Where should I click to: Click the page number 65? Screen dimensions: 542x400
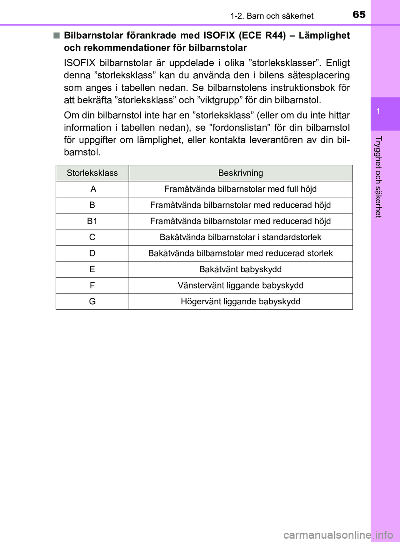(x=359, y=15)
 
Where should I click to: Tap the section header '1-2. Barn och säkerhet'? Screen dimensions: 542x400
(x=272, y=16)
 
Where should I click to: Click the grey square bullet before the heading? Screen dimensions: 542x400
(x=56, y=35)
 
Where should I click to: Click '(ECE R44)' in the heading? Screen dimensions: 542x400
(x=262, y=35)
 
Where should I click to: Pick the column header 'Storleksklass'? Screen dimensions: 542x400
(x=92, y=173)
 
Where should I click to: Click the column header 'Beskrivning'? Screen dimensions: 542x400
(x=240, y=173)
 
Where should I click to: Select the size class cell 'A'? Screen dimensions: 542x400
(x=93, y=189)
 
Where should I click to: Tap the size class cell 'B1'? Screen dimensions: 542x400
(x=92, y=221)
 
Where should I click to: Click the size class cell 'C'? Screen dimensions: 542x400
(x=92, y=237)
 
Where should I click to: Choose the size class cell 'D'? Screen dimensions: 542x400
(x=92, y=253)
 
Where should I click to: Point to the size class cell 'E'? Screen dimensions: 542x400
(x=92, y=269)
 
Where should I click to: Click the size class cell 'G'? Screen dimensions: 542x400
(x=92, y=301)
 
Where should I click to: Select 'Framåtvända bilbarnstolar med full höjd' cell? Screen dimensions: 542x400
(x=240, y=189)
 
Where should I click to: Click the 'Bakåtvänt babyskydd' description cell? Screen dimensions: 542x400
(x=240, y=269)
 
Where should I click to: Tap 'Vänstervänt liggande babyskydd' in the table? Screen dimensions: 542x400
(x=240, y=286)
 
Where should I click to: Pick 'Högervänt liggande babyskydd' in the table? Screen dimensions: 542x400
(x=240, y=301)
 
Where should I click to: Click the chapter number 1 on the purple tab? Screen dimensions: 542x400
(x=378, y=111)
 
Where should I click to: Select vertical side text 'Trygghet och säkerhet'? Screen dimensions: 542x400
(x=378, y=177)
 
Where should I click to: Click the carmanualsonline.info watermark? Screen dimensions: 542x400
(x=338, y=534)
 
